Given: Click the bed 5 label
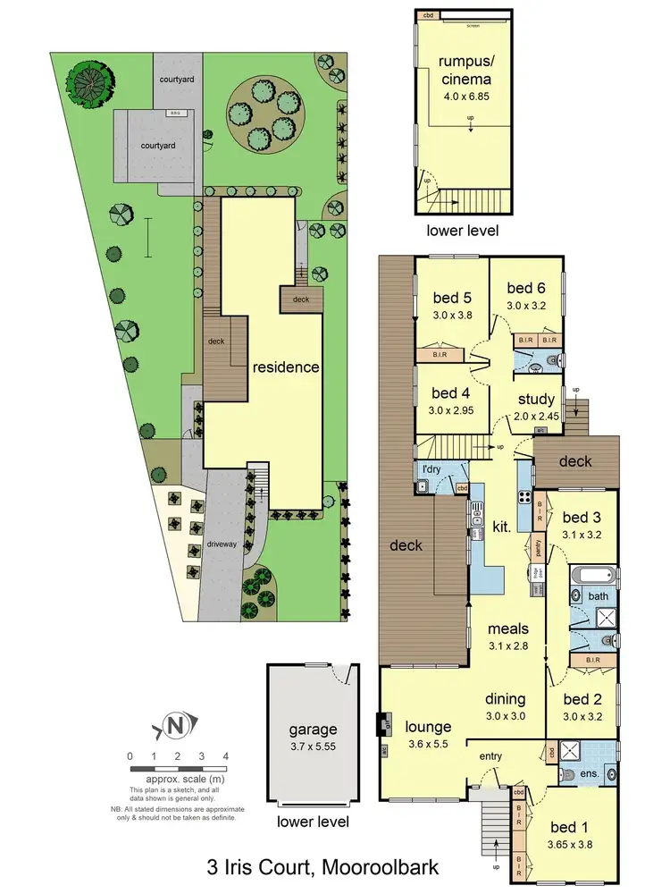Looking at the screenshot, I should click(451, 299).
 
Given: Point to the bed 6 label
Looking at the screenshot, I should click(525, 288).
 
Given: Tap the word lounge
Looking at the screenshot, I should click(427, 727).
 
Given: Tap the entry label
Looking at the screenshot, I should click(490, 757).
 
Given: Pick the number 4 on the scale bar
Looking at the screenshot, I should click(225, 756).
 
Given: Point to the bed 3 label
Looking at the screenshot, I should click(582, 519).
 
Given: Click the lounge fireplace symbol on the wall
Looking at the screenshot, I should click(384, 721).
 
